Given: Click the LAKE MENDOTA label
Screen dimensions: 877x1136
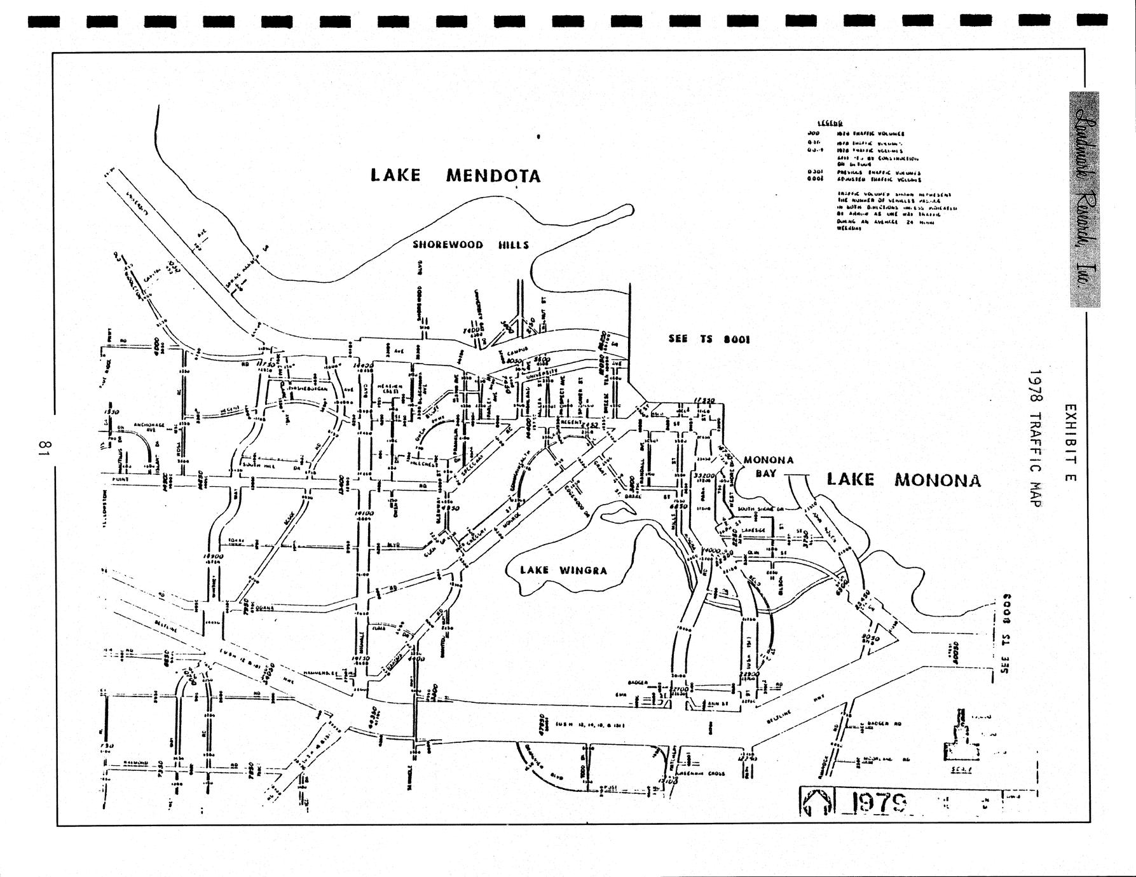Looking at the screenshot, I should coord(455,175).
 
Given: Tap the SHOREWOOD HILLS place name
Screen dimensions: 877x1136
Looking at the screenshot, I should coord(470,245).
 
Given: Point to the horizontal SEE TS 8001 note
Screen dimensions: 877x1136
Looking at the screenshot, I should coord(709,339).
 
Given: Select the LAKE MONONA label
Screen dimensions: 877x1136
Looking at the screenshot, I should coord(903,480).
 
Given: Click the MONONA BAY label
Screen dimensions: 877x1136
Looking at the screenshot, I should coord(768,466).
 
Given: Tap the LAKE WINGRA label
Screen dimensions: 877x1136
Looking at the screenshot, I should coord(563,570).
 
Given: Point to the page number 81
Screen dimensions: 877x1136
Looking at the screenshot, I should coord(43,448).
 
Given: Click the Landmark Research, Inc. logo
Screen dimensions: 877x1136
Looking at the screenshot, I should coord(1085,200).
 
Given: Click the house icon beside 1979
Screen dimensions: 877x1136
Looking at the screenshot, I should coord(818,802).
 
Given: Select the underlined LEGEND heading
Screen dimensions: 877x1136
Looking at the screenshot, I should coord(830,123).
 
